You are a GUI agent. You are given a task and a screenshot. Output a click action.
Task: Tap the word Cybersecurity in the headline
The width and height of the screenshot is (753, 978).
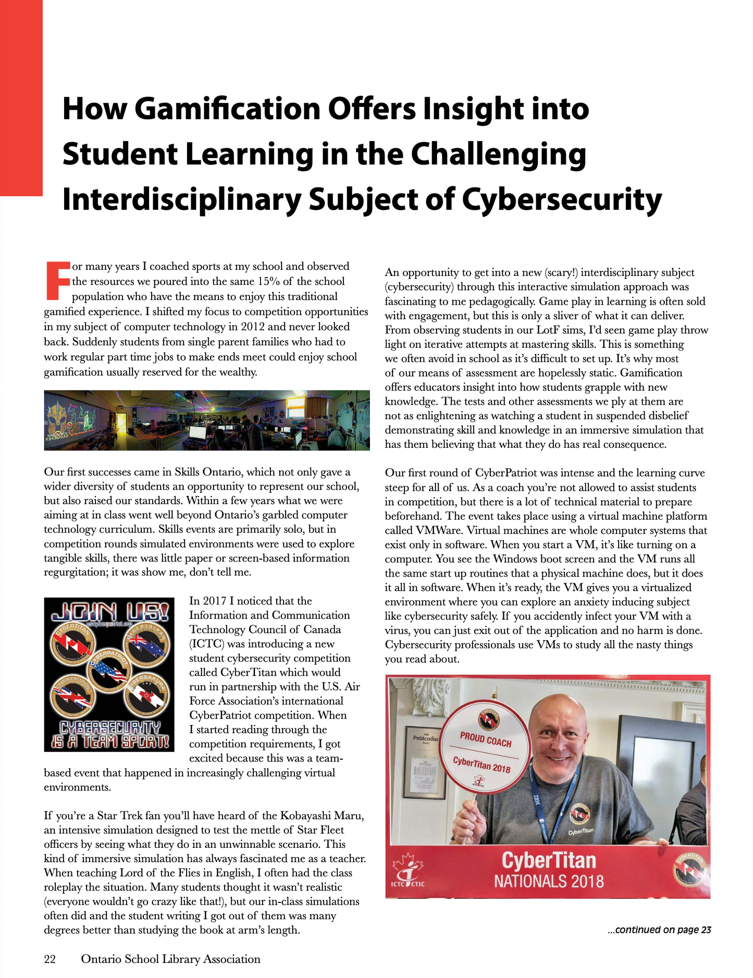(562, 199)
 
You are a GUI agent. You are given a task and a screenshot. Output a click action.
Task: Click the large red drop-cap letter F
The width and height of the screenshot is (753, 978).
(57, 281)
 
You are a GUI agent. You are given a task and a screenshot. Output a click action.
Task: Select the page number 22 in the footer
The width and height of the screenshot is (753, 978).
(50, 959)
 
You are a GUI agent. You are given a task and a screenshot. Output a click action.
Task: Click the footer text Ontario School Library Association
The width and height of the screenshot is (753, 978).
(170, 959)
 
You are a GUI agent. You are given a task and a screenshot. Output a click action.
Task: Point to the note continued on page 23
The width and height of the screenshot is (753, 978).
(659, 930)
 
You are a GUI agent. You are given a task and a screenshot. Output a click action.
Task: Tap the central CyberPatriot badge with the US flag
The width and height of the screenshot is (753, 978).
(109, 670)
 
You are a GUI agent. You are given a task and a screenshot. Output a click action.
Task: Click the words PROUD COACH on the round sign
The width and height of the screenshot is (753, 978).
(485, 739)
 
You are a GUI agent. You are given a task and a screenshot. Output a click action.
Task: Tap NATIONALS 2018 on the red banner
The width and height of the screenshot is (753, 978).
(548, 881)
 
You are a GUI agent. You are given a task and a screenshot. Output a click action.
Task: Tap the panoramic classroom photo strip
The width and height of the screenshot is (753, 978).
(207, 420)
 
